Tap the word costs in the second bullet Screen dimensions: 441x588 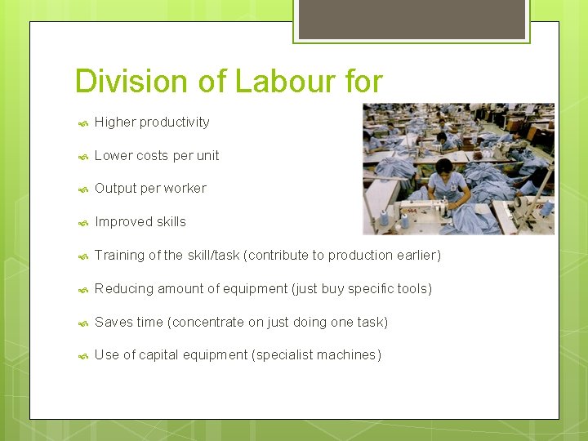click(x=152, y=155)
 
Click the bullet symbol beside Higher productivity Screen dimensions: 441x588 click(x=82, y=123)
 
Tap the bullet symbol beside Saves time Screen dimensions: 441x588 click(x=82, y=323)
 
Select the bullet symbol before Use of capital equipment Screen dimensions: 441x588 click(x=82, y=356)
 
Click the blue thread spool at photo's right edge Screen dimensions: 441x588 click(x=546, y=208)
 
